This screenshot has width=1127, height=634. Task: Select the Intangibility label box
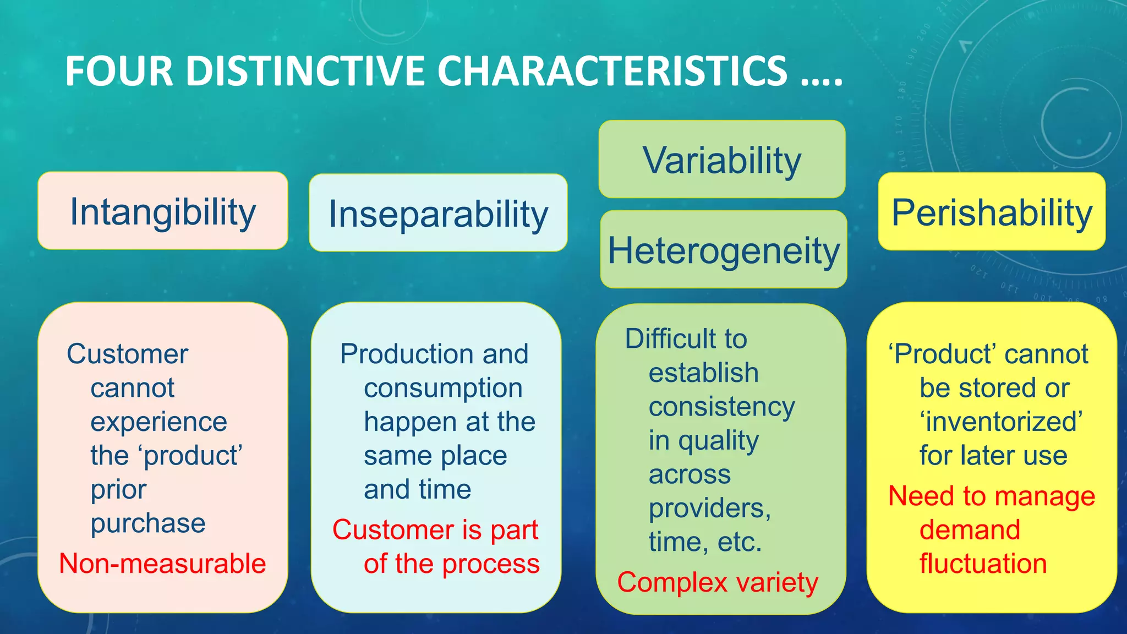pyautogui.click(x=163, y=211)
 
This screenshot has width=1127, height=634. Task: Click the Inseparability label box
pyautogui.click(x=438, y=214)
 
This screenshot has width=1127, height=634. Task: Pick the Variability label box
pyautogui.click(x=722, y=160)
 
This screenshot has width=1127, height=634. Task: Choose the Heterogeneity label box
pyautogui.click(x=724, y=250)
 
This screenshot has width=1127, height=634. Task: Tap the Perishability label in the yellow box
pyautogui.click(x=992, y=212)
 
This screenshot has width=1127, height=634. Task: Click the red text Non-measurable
pyautogui.click(x=162, y=564)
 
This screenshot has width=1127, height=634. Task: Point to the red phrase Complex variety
pyautogui.click(x=718, y=582)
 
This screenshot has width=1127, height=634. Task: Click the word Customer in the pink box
pyautogui.click(x=128, y=354)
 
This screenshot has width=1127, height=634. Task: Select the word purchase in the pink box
pyautogui.click(x=148, y=523)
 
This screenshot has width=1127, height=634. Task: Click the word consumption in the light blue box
pyautogui.click(x=443, y=388)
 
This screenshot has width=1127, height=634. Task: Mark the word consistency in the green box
pyautogui.click(x=721, y=407)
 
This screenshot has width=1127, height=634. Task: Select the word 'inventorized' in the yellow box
pyautogui.click(x=1001, y=422)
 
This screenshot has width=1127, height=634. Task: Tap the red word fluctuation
pyautogui.click(x=983, y=564)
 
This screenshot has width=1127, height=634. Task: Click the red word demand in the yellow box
pyautogui.click(x=970, y=530)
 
